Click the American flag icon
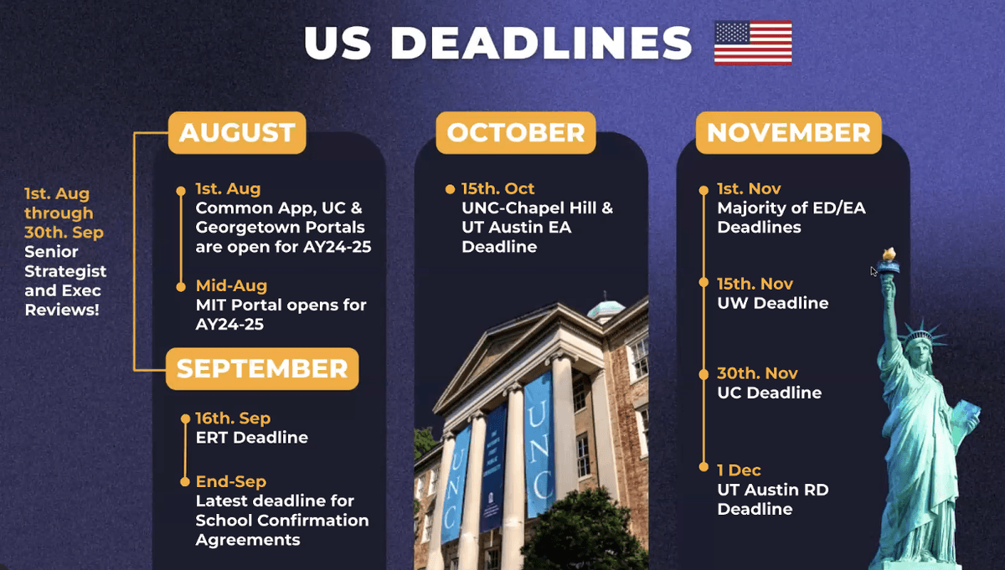pos(752,43)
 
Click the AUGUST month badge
pos(237,133)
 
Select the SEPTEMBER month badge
pos(262,369)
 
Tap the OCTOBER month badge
pos(516,133)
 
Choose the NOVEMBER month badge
pos(788,133)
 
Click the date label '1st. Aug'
pos(228,189)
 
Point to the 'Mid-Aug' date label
pos(231,285)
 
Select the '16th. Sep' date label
pos(233,419)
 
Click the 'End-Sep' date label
pos(230,482)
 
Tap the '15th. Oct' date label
pos(497,189)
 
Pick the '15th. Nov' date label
pos(755,284)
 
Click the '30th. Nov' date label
pos(757,373)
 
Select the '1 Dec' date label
pos(739,470)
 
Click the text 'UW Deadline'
pos(772,303)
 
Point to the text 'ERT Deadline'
pos(251,438)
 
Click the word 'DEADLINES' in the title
pos(541,44)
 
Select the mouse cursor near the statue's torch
pos(874,271)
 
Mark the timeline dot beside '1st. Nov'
pos(703,190)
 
